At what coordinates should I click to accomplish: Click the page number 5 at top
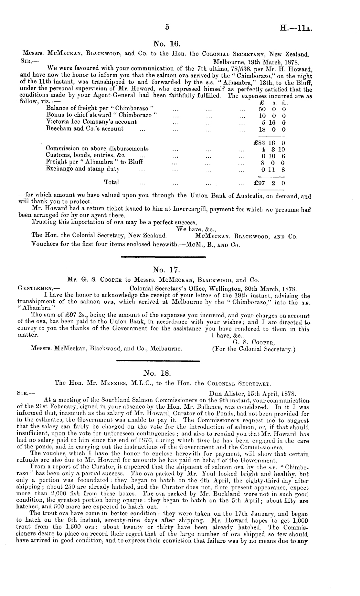click(167, 27)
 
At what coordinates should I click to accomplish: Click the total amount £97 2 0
click(270, 183)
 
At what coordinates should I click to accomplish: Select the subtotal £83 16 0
click(270, 143)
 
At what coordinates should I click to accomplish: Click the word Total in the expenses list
click(111, 182)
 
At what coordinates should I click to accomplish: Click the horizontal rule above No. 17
click(163, 257)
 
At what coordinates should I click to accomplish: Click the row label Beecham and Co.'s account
click(85, 129)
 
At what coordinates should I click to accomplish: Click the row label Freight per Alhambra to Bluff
click(94, 162)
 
